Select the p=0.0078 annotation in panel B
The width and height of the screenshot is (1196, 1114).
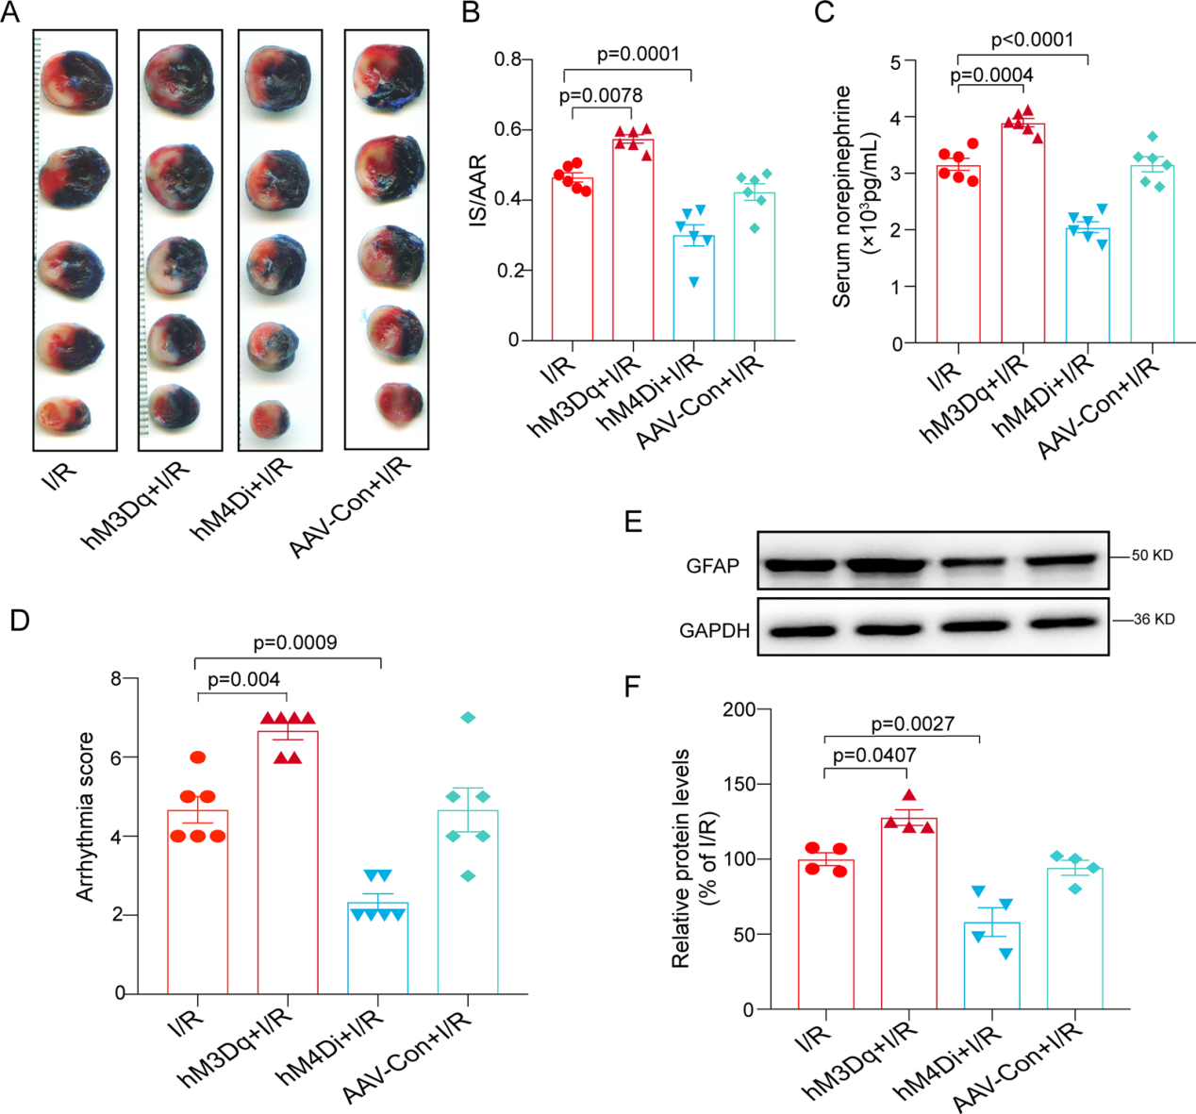(x=601, y=95)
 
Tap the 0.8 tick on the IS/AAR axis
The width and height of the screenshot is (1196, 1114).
(x=508, y=59)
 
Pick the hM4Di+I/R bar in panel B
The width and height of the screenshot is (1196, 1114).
(x=693, y=288)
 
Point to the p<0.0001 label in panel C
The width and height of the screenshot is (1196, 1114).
(x=1032, y=40)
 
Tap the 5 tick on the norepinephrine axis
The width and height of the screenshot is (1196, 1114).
(x=895, y=61)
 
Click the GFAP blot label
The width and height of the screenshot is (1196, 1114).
(x=713, y=566)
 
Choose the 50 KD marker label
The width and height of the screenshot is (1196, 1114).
(x=1152, y=556)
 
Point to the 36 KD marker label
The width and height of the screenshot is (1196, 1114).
(x=1154, y=620)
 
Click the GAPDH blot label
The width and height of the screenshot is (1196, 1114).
(x=714, y=630)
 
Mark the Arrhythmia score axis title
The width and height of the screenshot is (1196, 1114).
(x=86, y=817)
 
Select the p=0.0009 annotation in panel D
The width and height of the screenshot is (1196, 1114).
(x=295, y=642)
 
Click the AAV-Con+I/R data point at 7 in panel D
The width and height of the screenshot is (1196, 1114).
(x=468, y=718)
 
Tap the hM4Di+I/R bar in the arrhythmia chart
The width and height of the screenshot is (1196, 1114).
(x=378, y=948)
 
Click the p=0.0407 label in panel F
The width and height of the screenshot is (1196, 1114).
(x=874, y=755)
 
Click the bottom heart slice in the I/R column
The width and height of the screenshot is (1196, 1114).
(x=63, y=413)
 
